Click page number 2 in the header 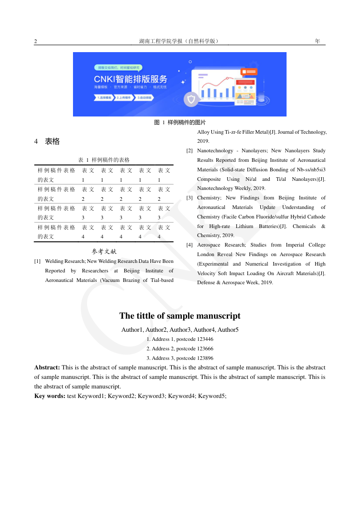(35, 42)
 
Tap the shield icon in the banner (192, 99)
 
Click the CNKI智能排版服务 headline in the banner (131, 79)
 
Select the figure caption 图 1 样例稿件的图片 (180, 122)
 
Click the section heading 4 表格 (47, 141)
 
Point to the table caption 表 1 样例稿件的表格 (104, 160)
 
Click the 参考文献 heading (104, 251)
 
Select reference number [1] (38, 262)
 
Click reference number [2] (190, 151)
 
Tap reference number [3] (190, 198)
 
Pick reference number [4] (190, 245)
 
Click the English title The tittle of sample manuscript (180, 316)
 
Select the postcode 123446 (205, 339)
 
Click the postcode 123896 (205, 359)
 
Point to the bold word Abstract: (47, 368)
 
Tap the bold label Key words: (50, 396)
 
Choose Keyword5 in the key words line (212, 396)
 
